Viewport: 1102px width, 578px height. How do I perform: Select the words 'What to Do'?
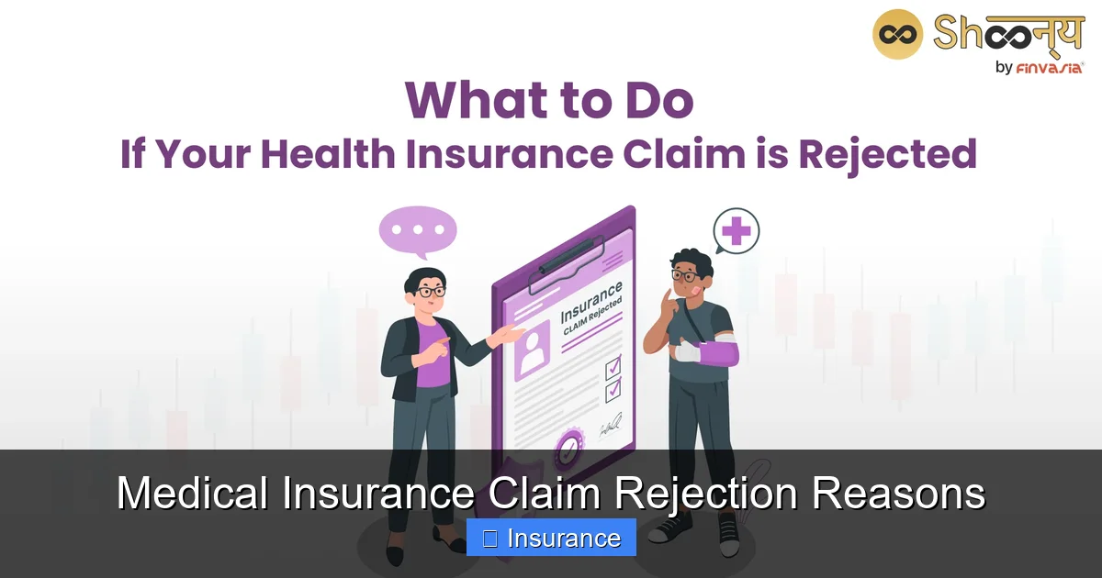(549, 100)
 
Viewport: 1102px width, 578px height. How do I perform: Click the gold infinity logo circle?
(896, 34)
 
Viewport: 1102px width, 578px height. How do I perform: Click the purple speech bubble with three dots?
(417, 229)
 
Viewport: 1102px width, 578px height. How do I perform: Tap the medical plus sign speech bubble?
(737, 230)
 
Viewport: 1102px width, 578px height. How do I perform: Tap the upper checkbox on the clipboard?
(613, 368)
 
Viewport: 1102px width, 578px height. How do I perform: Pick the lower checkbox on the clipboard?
(613, 391)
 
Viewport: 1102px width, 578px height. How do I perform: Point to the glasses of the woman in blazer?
(430, 291)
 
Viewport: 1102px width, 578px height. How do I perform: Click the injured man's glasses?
(683, 274)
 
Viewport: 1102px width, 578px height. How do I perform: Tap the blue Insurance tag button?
(551, 538)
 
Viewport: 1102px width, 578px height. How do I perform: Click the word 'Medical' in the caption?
(193, 495)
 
